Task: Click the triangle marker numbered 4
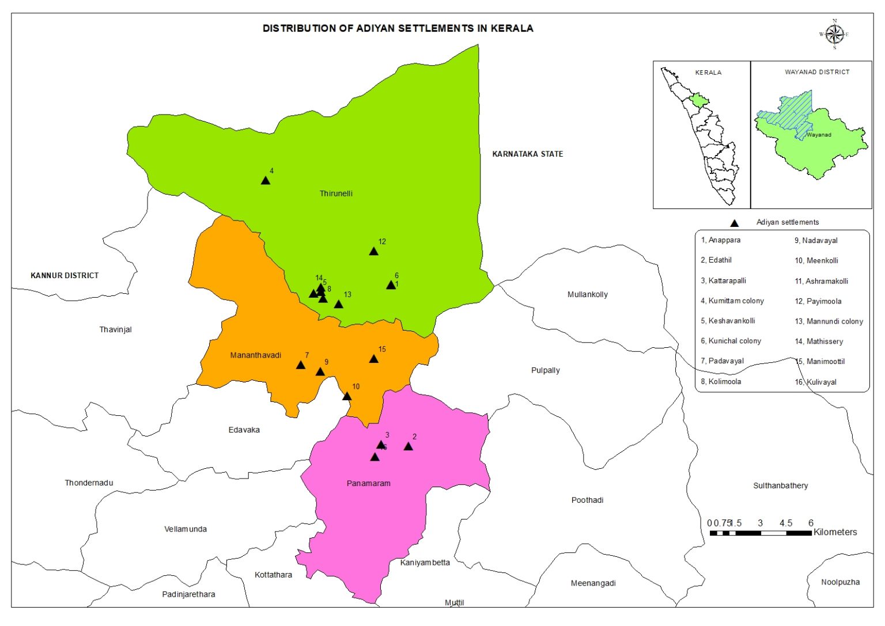pyautogui.click(x=265, y=180)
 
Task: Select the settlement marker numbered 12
pyautogui.click(x=373, y=251)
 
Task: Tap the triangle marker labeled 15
pyautogui.click(x=373, y=359)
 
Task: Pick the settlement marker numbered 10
pyautogui.click(x=347, y=396)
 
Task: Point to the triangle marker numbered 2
pyautogui.click(x=409, y=446)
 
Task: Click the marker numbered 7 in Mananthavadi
pyautogui.click(x=301, y=365)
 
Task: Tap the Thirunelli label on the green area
pyautogui.click(x=336, y=194)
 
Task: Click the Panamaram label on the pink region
pyautogui.click(x=368, y=483)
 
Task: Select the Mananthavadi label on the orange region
pyautogui.click(x=255, y=355)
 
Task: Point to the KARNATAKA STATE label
pyautogui.click(x=527, y=154)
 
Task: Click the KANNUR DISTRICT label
pyautogui.click(x=65, y=275)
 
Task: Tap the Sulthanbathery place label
pyautogui.click(x=780, y=485)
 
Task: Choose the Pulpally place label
pyautogui.click(x=545, y=370)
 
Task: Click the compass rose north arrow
pyautogui.click(x=834, y=35)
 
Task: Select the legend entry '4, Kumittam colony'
pyautogui.click(x=732, y=301)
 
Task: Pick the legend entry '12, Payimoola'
pyautogui.click(x=818, y=301)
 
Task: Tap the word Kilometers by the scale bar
pyautogui.click(x=835, y=532)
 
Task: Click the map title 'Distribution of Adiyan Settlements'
pyautogui.click(x=398, y=28)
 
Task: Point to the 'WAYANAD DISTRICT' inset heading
pyautogui.click(x=816, y=72)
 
